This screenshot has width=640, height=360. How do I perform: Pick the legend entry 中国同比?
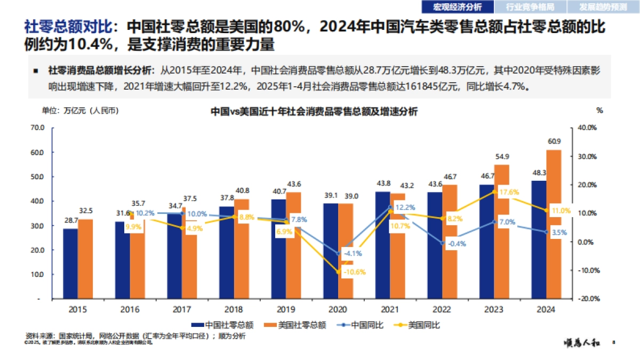360,324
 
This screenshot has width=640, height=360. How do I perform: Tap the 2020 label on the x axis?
338,309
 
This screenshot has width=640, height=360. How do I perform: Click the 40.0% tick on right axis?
590,127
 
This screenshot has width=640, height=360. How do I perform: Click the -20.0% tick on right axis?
590,299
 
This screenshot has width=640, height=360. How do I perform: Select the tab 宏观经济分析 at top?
457,7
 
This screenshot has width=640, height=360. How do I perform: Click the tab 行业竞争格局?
530,7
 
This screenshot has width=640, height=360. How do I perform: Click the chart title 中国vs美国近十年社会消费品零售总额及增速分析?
314,111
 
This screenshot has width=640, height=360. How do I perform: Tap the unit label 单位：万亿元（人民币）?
80,111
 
